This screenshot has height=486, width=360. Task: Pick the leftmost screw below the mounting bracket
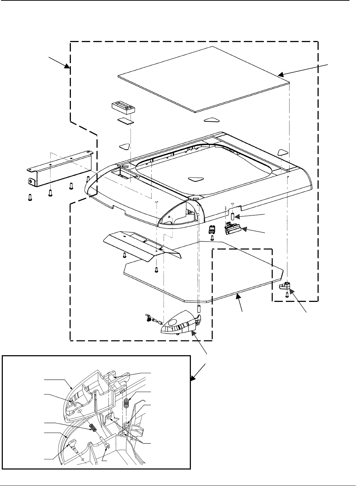29,197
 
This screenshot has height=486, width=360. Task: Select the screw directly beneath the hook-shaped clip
287,295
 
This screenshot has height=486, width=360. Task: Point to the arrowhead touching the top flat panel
280,75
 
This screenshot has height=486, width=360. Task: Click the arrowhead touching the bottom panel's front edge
238,296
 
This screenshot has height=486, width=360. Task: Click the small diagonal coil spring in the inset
93,427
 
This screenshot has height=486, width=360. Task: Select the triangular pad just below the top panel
212,120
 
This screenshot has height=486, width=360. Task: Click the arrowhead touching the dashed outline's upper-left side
68,66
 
